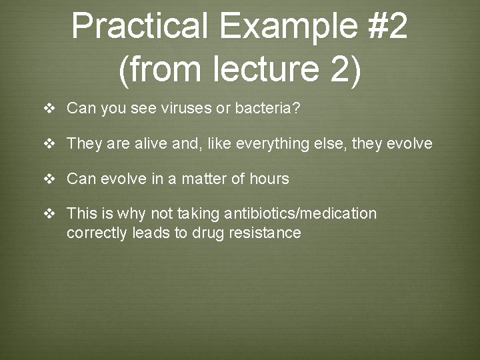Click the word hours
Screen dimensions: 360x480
(269, 179)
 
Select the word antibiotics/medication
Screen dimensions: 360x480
(301, 213)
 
